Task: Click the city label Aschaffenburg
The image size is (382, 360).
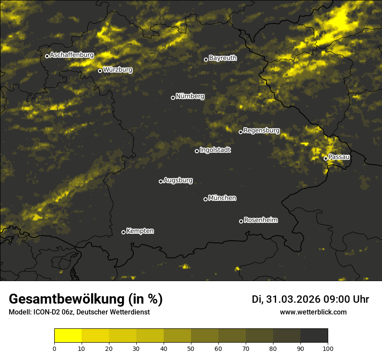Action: click(72, 55)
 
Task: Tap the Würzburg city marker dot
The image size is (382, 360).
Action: click(100, 71)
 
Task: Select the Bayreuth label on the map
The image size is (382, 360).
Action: click(223, 58)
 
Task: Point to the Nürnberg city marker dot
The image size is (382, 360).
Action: click(173, 98)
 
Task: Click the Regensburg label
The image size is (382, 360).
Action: click(261, 130)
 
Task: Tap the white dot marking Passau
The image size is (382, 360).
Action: click(326, 158)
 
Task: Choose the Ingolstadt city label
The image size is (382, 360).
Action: click(215, 150)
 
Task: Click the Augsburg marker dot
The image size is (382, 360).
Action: click(161, 181)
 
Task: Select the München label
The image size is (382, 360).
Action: click(222, 198)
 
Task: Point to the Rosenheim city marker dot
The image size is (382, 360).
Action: click(241, 221)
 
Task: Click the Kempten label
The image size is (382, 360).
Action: click(140, 231)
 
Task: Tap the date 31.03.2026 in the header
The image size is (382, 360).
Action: click(293, 299)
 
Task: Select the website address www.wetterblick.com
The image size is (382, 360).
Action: click(313, 312)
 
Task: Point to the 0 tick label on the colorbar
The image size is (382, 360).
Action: click(54, 348)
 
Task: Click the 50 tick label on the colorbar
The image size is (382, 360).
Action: click(191, 348)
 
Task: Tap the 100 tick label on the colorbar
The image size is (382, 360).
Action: click(328, 348)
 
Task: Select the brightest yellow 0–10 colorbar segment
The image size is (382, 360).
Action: click(68, 336)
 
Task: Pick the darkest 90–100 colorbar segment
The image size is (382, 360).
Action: click(314, 336)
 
